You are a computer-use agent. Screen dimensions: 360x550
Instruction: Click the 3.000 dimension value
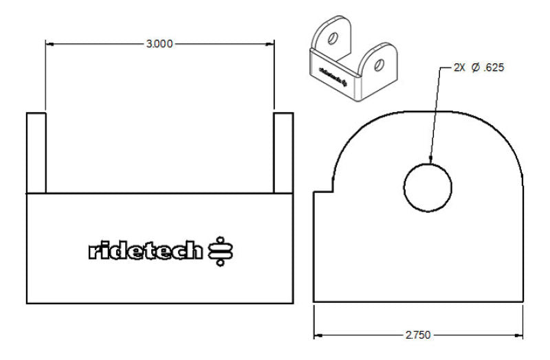pyautogui.click(x=159, y=44)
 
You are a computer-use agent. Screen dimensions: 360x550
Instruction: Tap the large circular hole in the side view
pyautogui.click(x=428, y=188)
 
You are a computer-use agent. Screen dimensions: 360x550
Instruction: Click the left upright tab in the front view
pyautogui.click(x=36, y=153)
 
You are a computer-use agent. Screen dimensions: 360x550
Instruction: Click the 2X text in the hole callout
pyautogui.click(x=459, y=68)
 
